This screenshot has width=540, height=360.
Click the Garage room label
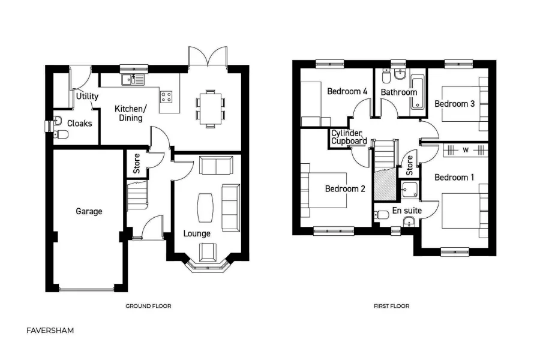coord(89,211)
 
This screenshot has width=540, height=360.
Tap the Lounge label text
coord(197,233)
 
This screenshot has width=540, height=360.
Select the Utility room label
coord(87,96)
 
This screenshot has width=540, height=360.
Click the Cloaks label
coord(79,123)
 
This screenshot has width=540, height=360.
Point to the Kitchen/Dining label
coord(130,113)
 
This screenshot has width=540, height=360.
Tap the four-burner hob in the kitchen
coord(167,96)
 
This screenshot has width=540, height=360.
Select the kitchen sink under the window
coord(130,79)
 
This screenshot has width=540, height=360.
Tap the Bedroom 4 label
coord(347,92)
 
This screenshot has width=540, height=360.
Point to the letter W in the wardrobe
coord(465,149)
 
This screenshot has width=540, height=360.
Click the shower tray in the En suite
coord(410,190)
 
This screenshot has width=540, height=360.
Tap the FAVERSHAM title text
coord(50,330)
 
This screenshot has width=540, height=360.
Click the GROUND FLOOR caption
coord(148,306)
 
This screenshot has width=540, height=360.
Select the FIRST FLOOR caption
coord(391,306)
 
